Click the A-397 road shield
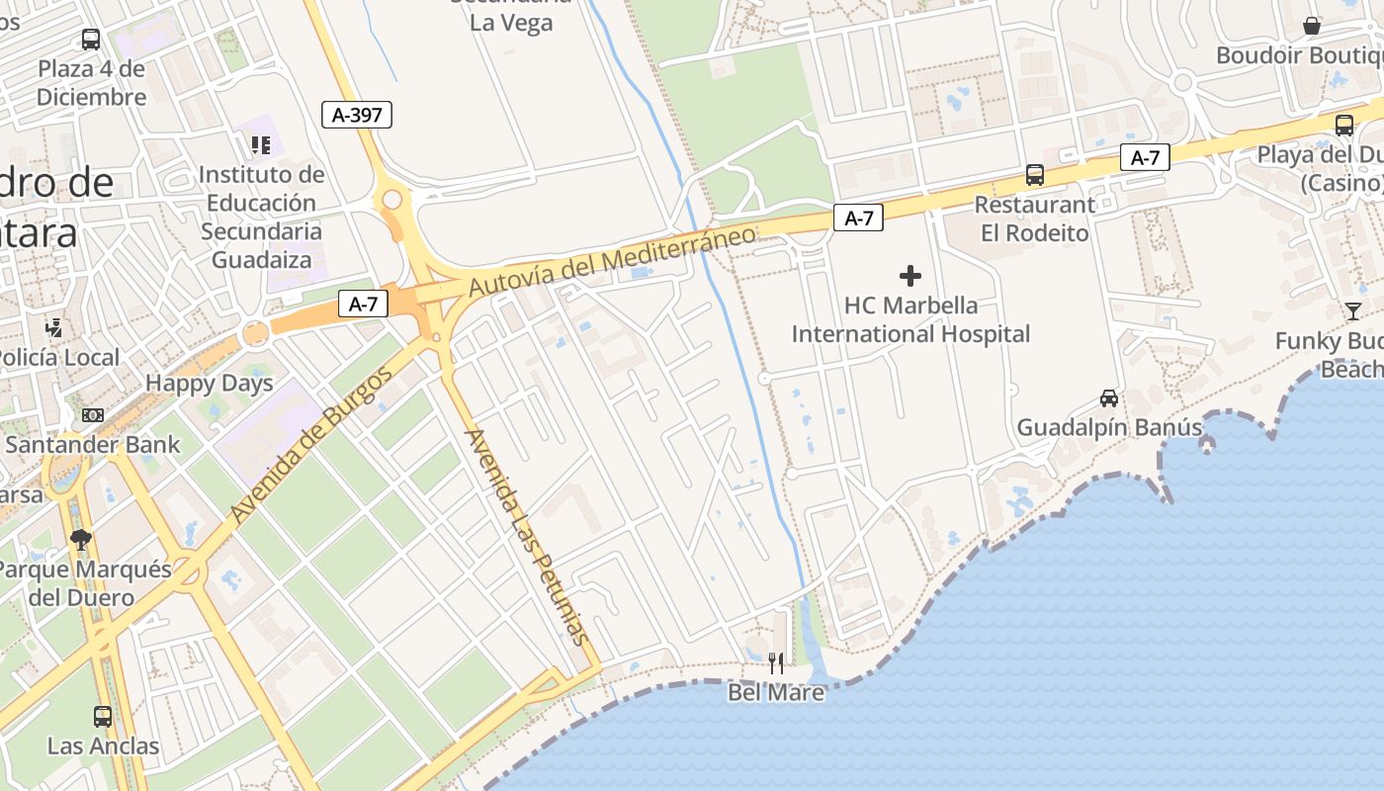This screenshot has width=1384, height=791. click(x=357, y=115)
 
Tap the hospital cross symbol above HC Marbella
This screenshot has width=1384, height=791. click(x=910, y=276)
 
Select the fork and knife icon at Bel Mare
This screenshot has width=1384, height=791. click(x=776, y=662)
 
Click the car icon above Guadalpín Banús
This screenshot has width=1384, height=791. click(x=1109, y=398)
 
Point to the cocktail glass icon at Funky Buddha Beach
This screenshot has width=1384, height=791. click(x=1352, y=311)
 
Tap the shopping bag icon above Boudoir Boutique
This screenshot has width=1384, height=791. click(x=1312, y=26)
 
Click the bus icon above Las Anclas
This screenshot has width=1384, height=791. click(x=103, y=716)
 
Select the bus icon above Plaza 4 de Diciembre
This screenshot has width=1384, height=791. click(x=91, y=40)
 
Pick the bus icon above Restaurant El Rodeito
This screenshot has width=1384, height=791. click(x=1035, y=175)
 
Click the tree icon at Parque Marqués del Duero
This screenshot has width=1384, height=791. click(x=81, y=540)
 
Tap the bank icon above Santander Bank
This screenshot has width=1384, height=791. click(x=93, y=415)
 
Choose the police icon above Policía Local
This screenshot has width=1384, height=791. click(x=54, y=327)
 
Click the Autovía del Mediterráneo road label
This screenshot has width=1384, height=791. click(x=612, y=260)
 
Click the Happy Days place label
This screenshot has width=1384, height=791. click(x=209, y=384)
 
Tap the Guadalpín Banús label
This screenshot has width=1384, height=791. click(x=1109, y=428)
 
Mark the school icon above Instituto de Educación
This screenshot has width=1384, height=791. click(x=261, y=146)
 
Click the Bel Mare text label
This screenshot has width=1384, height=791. click(x=776, y=692)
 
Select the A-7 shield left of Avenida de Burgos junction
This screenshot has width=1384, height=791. click(x=363, y=304)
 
